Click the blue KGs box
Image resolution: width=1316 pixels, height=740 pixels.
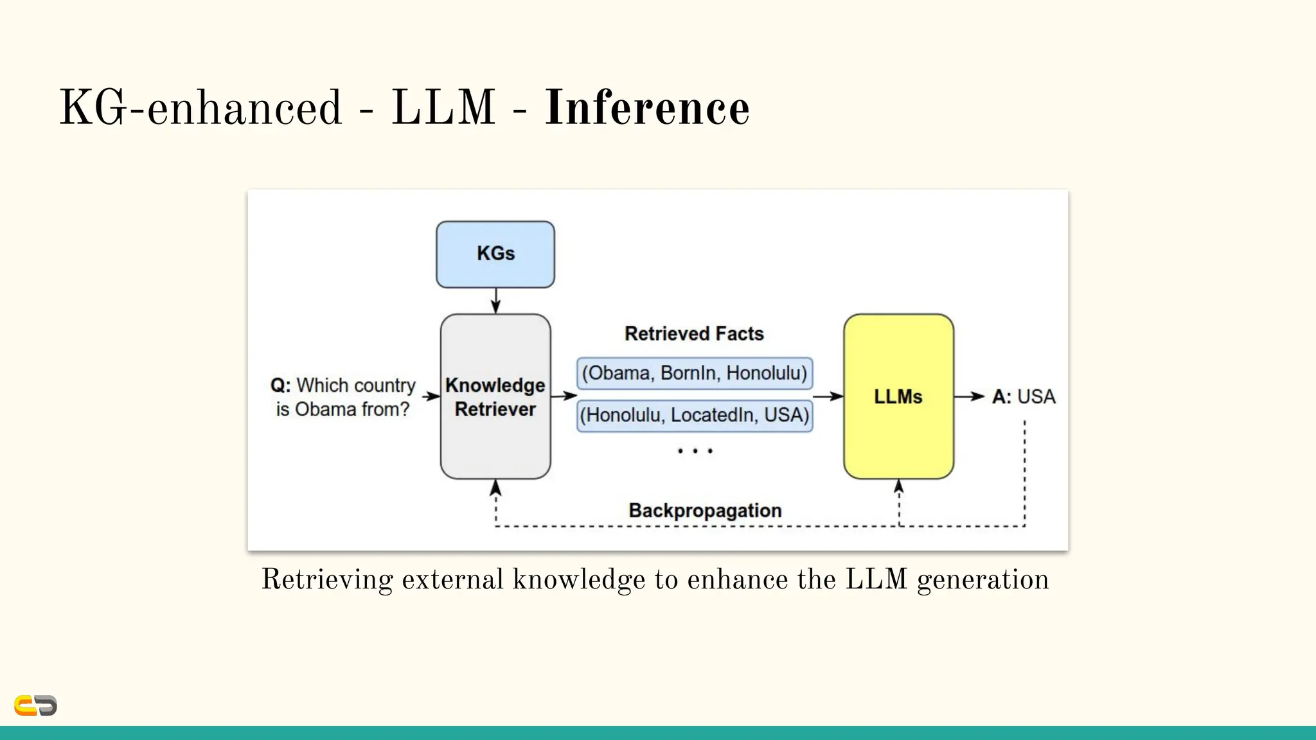point(495,254)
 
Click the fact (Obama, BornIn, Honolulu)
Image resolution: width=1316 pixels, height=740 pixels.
point(694,373)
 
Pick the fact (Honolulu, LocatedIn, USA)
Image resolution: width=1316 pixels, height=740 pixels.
point(694,416)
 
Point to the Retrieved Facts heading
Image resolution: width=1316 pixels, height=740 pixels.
point(694,333)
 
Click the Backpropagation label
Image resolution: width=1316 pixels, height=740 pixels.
point(705,511)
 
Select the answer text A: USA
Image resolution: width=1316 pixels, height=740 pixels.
point(1023,396)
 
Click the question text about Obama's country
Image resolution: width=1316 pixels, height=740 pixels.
point(342,397)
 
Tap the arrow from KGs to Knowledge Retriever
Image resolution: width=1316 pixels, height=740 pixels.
point(495,301)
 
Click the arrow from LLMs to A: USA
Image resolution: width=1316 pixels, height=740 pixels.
point(969,396)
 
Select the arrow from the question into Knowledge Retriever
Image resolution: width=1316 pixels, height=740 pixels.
point(431,396)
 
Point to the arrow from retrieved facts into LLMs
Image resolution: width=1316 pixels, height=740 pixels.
point(828,396)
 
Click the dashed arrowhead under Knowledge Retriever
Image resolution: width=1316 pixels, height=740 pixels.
point(495,489)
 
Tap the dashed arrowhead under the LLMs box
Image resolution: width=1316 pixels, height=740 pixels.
point(898,487)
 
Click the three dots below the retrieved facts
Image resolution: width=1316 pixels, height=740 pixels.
point(695,451)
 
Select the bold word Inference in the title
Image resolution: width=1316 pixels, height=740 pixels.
point(646,108)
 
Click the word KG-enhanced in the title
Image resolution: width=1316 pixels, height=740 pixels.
point(200,108)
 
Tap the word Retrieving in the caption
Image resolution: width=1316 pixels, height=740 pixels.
point(326,579)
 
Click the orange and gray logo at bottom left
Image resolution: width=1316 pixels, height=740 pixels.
point(35,705)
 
